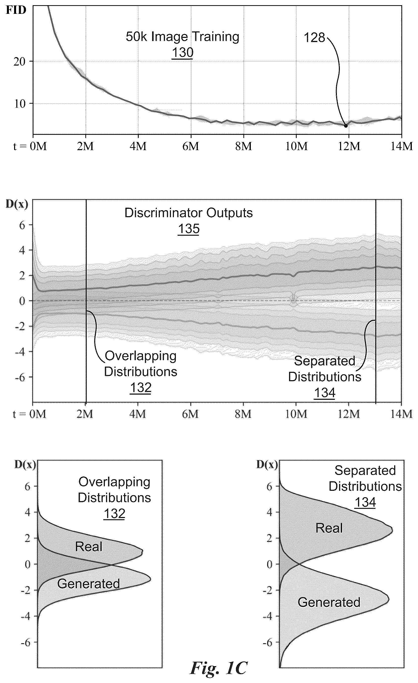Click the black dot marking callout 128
[346, 126]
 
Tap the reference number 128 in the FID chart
[314, 37]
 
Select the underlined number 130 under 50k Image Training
[182, 52]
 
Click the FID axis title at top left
[16, 10]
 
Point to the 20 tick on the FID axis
[19, 62]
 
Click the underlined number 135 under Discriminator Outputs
[188, 229]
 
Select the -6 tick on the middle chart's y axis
[20, 377]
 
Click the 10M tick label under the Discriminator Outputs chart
[296, 414]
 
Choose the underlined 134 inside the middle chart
[325, 393]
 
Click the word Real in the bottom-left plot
[89, 547]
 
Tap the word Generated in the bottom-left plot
[89, 584]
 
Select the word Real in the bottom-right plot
[329, 528]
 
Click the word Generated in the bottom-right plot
[329, 602]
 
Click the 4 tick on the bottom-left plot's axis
[27, 512]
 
